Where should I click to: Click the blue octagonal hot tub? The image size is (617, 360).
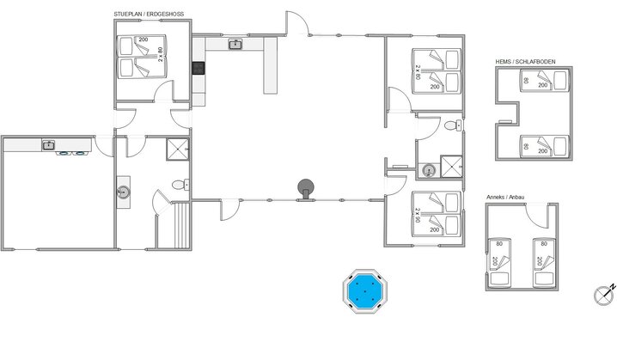pos(365,291)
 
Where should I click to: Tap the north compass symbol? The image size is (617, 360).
pos(603,295)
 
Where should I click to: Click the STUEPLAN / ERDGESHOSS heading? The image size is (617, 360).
pos(149,14)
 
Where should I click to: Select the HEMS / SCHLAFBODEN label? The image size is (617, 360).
pos(525,62)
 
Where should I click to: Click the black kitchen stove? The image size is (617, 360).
pos(199,68)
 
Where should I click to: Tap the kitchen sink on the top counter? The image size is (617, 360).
pos(235,45)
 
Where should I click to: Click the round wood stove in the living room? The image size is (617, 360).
pos(306,189)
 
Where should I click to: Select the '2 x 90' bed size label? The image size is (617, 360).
pos(417,215)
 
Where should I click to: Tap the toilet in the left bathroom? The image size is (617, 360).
pos(180,185)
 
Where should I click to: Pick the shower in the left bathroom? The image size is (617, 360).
pos(178,149)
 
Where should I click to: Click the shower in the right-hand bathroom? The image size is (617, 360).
pos(451,167)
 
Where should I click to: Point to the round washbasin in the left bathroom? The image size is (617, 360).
pos(124,192)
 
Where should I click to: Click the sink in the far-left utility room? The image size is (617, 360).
pos(48,145)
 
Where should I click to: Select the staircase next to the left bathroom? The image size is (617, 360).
pos(181,225)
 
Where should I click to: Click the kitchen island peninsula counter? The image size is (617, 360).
pos(271,65)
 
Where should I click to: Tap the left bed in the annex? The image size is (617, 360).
pos(499,262)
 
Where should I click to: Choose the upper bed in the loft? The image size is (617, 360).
pos(545,81)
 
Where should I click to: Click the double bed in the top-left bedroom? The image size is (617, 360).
pos(142,57)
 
